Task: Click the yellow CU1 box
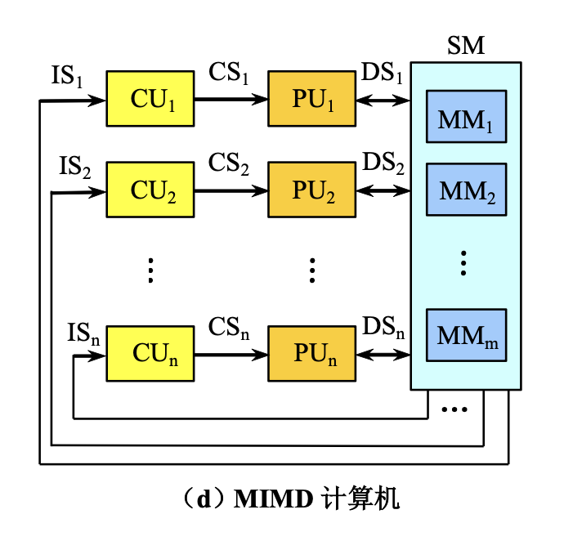tap(151, 100)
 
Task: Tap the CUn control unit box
tap(151, 354)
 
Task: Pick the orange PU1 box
tap(313, 100)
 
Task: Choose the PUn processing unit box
tap(313, 354)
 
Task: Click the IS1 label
tap(66, 78)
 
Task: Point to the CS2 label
tap(229, 164)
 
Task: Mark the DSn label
tap(383, 328)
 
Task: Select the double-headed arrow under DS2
tap(383, 192)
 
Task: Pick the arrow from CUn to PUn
tap(232, 355)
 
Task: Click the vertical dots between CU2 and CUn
tap(151, 270)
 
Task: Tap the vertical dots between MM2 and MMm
tap(463, 263)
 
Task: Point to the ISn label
tap(83, 333)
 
